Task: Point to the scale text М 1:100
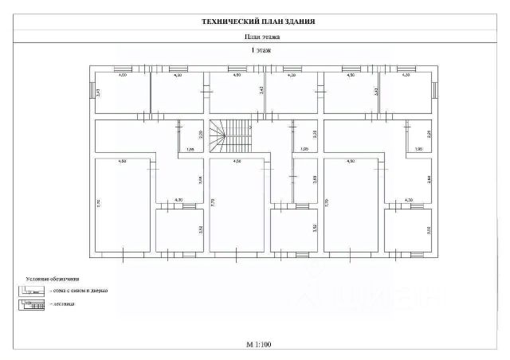tap(259, 345)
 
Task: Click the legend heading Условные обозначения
tap(52, 279)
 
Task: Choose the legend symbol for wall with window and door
tap(33, 291)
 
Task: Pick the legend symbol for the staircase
tap(33, 305)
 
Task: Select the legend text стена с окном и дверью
tap(78, 291)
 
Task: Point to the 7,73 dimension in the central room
tap(213, 204)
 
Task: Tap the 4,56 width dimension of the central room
tap(237, 162)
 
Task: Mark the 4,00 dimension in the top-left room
tap(122, 75)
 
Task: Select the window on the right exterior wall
tap(434, 92)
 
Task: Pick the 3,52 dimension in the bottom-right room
tap(429, 230)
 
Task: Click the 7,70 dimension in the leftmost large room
tap(98, 204)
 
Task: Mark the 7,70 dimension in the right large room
tap(327, 204)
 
